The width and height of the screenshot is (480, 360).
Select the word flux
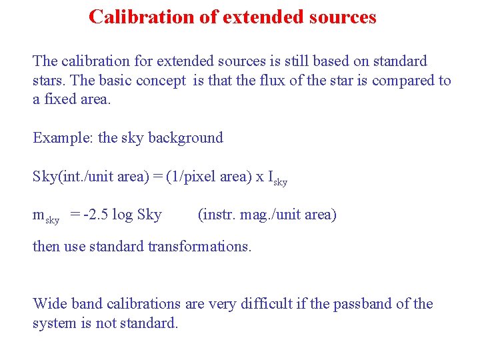pos(269,81)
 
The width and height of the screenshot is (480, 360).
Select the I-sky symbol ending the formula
pos(277,178)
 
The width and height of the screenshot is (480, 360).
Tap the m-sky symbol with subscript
pos(46,216)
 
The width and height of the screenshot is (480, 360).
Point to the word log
pos(122,215)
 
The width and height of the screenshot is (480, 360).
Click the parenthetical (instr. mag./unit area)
pos(267,215)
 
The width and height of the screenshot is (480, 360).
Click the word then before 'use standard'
pos(46,246)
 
